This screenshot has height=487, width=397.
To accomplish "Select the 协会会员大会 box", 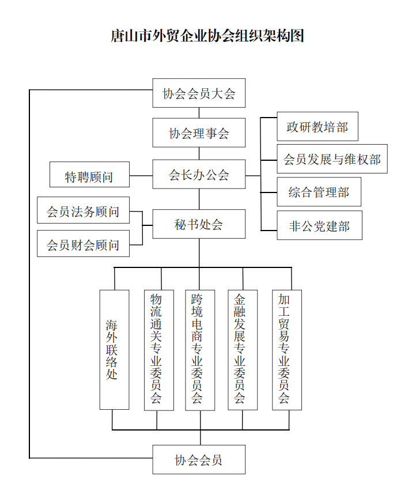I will point(199,93).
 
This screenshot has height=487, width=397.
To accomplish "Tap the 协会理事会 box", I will point(199,133).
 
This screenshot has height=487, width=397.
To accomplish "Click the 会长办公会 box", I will point(199,174).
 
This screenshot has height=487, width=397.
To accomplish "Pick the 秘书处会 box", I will point(199,224).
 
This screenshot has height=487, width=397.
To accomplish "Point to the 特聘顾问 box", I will point(89,176).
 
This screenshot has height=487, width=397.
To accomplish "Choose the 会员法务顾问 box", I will point(83,211).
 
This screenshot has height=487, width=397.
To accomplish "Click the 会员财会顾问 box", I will point(83,244).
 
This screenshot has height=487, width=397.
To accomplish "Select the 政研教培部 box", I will point(317,127).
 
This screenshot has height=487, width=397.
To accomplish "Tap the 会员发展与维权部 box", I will point(332,159).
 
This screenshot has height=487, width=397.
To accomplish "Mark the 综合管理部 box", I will point(319,192).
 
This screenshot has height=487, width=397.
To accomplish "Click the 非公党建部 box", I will point(319,225).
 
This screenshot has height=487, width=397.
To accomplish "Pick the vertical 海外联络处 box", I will point(114,349).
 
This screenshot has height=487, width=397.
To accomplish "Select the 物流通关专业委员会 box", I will point(158,350).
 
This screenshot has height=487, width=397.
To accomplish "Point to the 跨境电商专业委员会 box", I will point(199,350).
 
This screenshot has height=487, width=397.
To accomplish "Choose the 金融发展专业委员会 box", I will point(243,350).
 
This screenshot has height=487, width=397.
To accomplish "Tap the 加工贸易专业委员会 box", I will point(286,350).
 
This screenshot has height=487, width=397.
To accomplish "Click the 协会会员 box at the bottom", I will point(199,459).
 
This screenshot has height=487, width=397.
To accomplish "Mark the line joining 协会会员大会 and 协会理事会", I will point(199,113).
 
